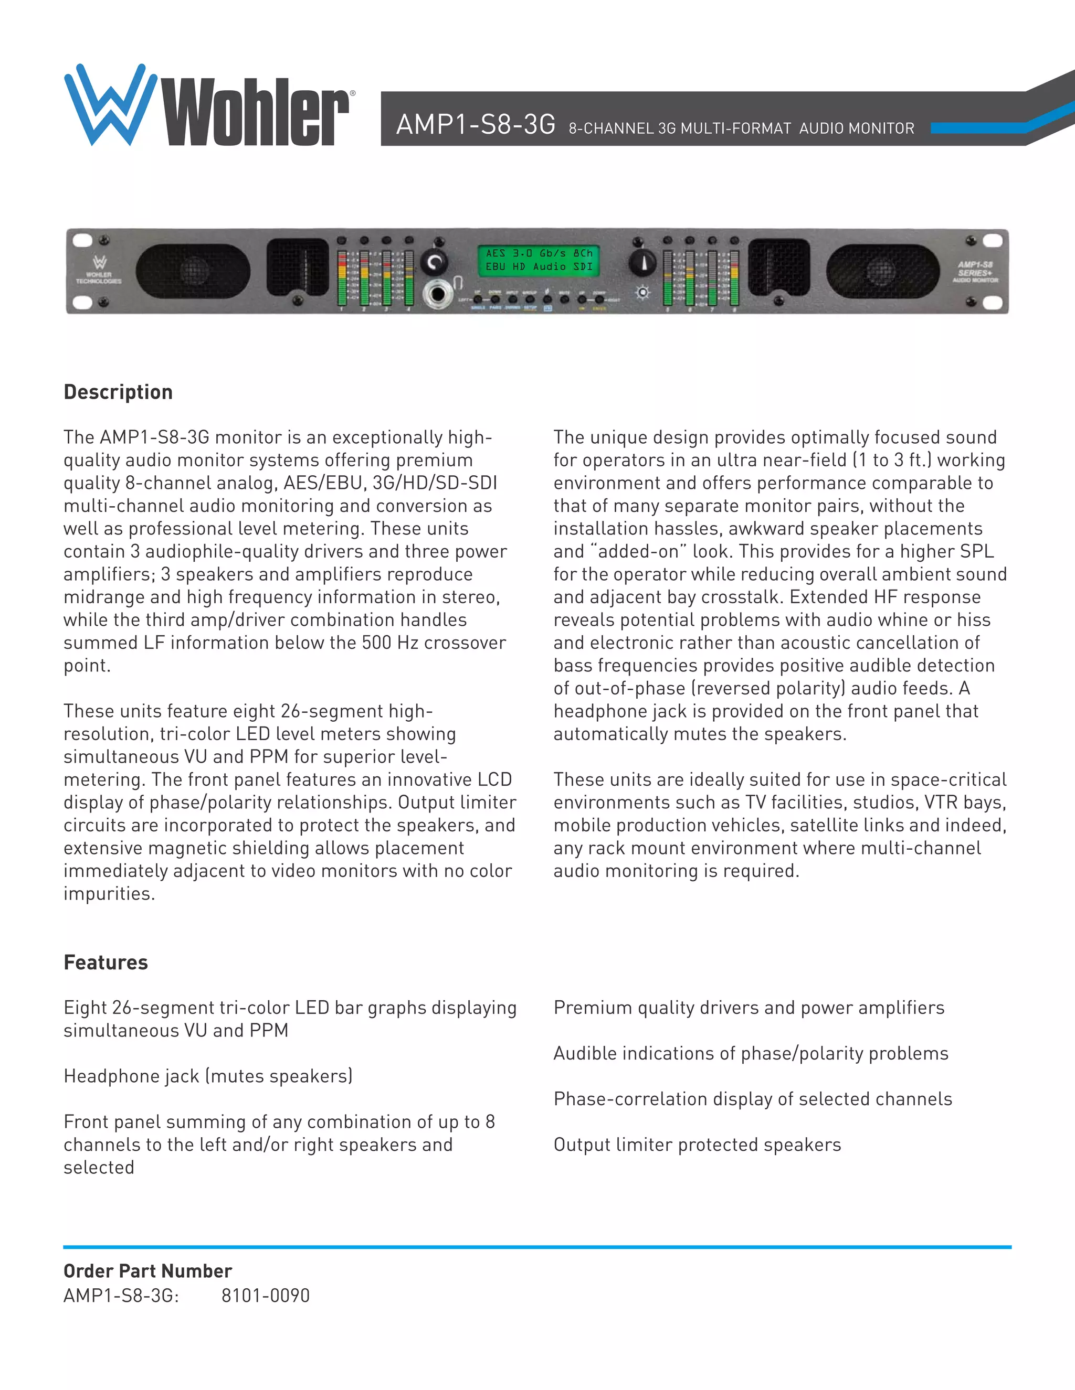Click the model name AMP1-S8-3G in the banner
click(475, 124)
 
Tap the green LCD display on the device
click(539, 260)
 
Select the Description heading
click(119, 392)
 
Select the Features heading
click(106, 963)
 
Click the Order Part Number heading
click(147, 1271)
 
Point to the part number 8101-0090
click(266, 1296)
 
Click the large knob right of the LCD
click(642, 262)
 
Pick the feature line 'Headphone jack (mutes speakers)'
click(208, 1076)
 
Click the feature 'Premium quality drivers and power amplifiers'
click(749, 1008)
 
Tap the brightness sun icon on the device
click(642, 293)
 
